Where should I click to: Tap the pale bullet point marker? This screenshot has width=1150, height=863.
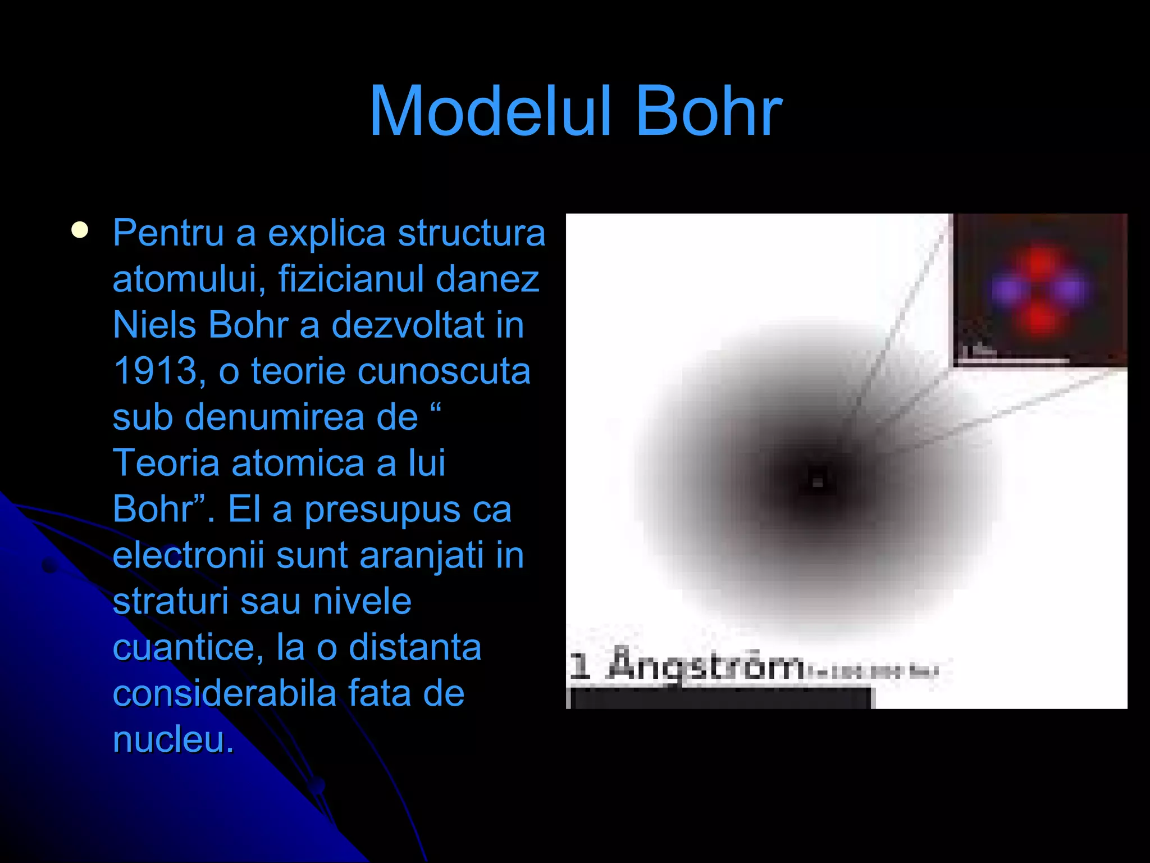[80, 230]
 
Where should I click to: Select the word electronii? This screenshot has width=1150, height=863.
[188, 556]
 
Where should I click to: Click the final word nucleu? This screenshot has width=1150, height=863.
[173, 740]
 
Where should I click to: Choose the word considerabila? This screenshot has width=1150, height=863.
[224, 694]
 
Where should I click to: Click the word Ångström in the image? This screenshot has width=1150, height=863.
[706, 665]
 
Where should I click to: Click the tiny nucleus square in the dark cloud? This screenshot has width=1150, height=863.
[818, 481]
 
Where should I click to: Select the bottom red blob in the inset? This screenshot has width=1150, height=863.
[1039, 319]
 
